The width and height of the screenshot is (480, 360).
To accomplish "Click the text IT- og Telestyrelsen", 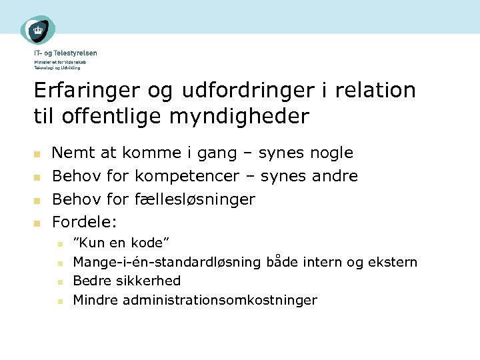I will [x=65, y=53].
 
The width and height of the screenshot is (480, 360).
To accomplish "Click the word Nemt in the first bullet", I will [x=71, y=153].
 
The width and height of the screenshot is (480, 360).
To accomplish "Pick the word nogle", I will [x=331, y=153].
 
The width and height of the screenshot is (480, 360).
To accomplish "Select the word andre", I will [x=336, y=177].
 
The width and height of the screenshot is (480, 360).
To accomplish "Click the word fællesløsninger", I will [x=195, y=199].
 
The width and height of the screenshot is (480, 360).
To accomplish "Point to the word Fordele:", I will [x=85, y=222].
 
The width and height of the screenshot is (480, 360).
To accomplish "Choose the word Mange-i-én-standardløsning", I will [x=167, y=262].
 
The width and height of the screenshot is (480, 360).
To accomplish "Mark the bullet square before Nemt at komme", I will [x=38, y=154].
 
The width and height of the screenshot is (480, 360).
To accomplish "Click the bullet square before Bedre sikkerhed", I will [x=59, y=282].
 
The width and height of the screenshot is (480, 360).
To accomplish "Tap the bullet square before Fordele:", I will [x=38, y=223].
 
